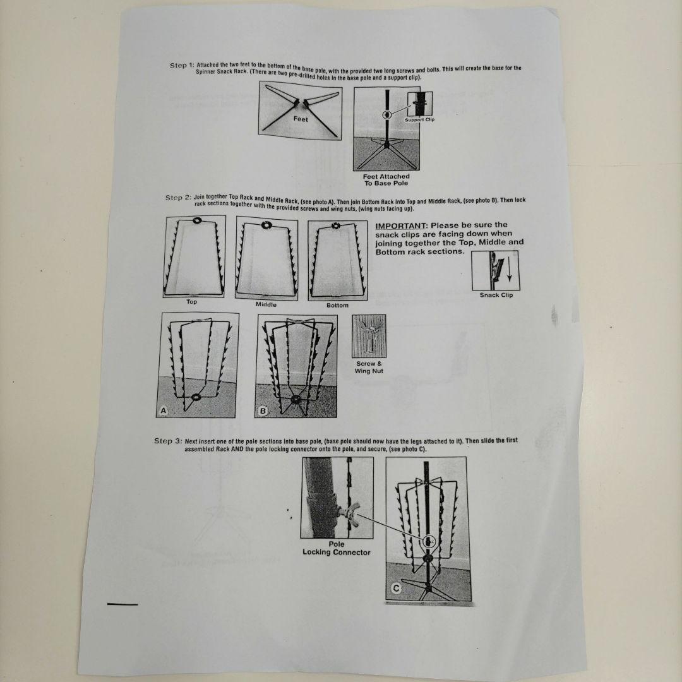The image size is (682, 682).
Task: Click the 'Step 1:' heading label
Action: coord(182,65)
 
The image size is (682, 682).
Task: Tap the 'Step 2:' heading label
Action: coord(178,198)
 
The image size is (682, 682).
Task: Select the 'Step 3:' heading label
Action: coord(168,441)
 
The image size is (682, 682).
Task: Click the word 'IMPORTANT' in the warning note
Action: coord(400,225)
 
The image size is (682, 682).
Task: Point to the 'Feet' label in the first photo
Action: coord(301,119)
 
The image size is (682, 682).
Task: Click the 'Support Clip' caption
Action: coord(420,119)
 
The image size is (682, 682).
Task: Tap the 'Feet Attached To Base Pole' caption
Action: coord(386,180)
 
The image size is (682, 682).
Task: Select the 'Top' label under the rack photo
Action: coord(192,302)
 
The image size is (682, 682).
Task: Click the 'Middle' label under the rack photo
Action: coord(266,304)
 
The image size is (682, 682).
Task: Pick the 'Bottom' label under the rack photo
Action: coord(337,306)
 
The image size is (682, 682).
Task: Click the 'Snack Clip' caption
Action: coord(496,295)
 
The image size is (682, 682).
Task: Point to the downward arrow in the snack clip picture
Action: coord(510,270)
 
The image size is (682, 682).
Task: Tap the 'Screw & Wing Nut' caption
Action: coord(369,367)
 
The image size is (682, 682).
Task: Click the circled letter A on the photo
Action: coord(164,410)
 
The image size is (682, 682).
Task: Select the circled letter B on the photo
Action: coord(263,411)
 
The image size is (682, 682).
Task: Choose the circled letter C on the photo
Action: coord(396,589)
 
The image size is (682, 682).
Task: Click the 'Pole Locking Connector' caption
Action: coord(336,548)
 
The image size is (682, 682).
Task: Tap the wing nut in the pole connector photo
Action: coord(350,513)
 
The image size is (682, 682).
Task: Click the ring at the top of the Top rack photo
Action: coord(196,221)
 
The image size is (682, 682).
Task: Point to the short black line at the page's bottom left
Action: coord(123,604)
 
